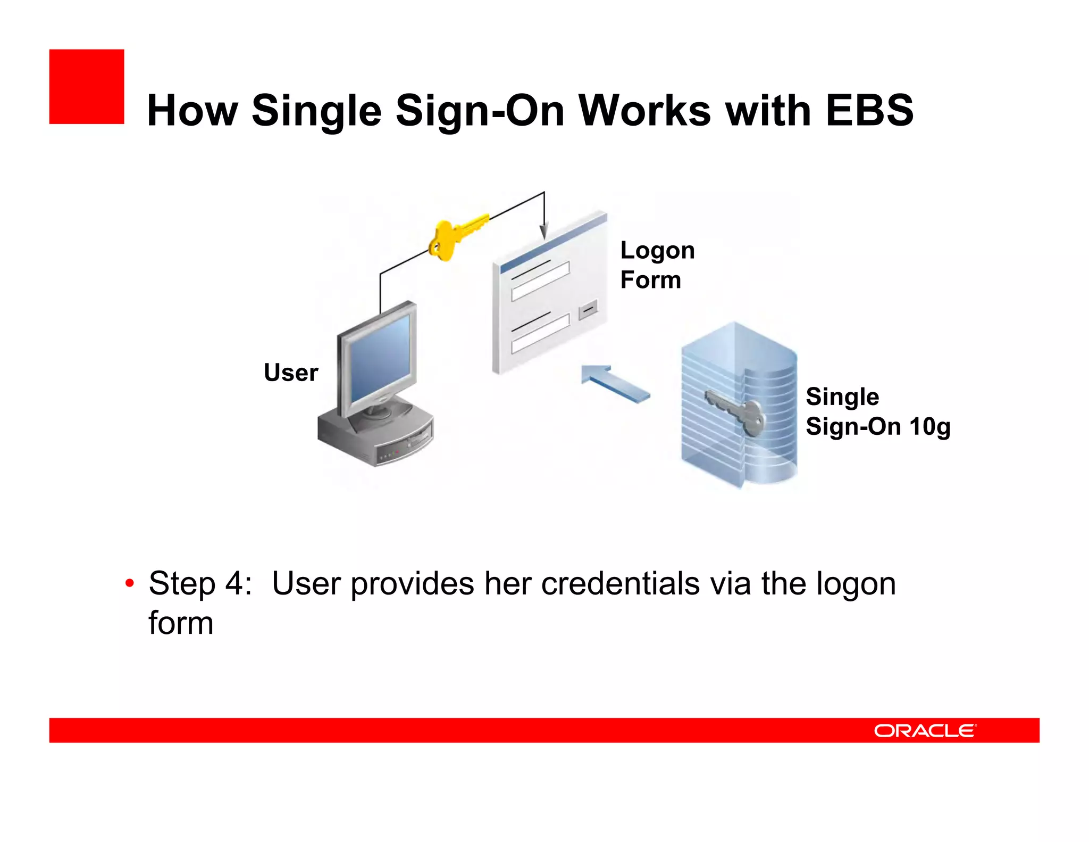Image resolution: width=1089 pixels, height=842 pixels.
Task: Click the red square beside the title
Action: tap(86, 87)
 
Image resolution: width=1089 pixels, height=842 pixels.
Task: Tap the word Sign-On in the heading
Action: tap(480, 111)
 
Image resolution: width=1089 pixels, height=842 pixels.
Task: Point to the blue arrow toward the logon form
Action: tap(614, 382)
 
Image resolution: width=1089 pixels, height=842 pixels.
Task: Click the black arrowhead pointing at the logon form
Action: tap(543, 230)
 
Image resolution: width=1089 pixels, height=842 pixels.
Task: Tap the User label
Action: tap(291, 373)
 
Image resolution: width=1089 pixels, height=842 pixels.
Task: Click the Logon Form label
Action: tap(657, 265)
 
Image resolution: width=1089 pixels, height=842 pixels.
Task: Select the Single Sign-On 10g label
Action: tap(877, 411)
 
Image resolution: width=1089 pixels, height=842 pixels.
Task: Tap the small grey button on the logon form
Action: tap(588, 309)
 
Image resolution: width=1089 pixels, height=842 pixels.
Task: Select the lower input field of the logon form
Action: tap(540, 334)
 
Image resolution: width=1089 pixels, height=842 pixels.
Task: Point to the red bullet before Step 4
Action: tap(129, 583)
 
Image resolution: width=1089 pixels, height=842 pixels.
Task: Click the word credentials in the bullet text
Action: tap(620, 583)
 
